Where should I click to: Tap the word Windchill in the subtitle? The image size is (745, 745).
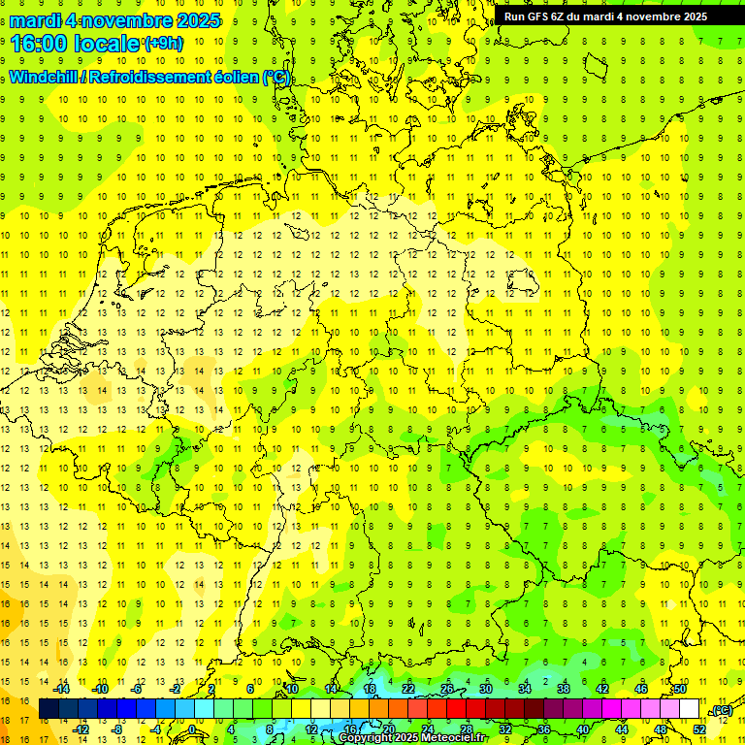coord(42,78)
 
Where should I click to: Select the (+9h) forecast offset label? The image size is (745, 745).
coord(162,43)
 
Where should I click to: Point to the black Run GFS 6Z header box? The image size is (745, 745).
coord(605,16)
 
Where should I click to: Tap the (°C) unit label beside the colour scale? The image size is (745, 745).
coord(722,711)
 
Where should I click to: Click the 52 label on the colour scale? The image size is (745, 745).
coord(700,729)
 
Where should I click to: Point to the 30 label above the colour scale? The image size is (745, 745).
coord(486,690)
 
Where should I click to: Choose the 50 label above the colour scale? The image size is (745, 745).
coord(680,690)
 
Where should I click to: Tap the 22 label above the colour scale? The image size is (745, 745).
coord(408,690)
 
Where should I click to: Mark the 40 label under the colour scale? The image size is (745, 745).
coord(583,729)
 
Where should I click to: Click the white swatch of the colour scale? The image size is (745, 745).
coord(690,709)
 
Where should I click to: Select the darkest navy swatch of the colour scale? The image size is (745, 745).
coord(49,709)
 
